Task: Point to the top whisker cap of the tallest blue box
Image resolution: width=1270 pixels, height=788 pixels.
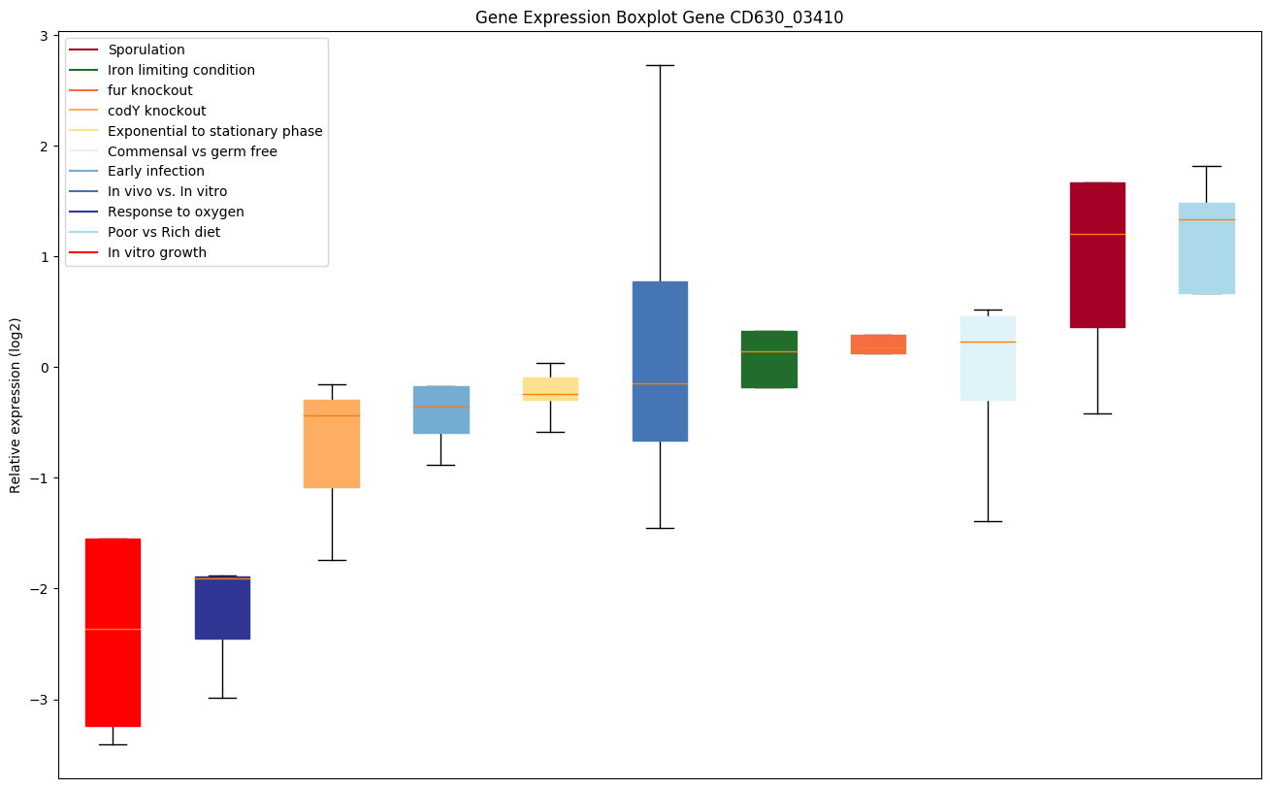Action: [x=660, y=65]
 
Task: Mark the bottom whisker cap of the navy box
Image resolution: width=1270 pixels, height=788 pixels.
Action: [x=222, y=698]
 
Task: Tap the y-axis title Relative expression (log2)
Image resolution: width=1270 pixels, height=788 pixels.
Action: [x=16, y=406]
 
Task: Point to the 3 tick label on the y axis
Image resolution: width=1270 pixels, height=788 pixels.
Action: [x=45, y=36]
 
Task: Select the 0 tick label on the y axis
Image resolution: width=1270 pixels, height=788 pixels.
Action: [x=45, y=368]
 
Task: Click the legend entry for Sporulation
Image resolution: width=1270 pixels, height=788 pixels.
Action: [x=147, y=49]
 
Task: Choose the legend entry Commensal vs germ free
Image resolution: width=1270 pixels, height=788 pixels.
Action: [x=192, y=151]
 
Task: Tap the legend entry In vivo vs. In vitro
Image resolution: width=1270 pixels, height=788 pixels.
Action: [x=167, y=191]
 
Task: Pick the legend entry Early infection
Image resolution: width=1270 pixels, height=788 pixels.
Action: [x=156, y=171]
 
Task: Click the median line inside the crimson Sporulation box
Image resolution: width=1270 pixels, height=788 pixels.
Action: [x=1097, y=234]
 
